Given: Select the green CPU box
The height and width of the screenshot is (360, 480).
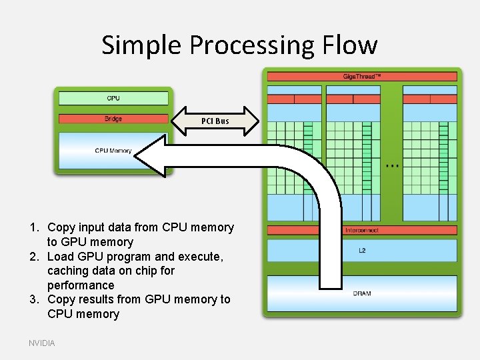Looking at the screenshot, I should click(x=113, y=99).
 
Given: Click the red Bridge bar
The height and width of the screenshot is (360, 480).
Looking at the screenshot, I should click(x=113, y=119).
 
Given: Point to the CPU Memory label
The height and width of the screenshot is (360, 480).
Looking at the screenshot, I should click(x=113, y=151).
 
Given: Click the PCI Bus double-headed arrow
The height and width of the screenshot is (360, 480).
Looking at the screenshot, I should click(x=215, y=121).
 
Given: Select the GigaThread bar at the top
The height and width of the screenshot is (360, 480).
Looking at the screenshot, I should click(x=362, y=77).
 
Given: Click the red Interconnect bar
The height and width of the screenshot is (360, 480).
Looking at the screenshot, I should click(x=362, y=230).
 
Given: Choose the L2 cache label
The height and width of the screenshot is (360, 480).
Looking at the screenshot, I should click(x=362, y=251).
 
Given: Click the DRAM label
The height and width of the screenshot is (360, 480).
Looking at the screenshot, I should click(x=362, y=293).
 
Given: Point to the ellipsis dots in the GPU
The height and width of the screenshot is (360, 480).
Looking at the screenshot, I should click(x=393, y=165).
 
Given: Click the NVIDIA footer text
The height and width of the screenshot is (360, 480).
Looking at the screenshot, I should click(x=42, y=343).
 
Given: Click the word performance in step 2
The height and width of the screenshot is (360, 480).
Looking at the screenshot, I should click(x=81, y=285).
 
